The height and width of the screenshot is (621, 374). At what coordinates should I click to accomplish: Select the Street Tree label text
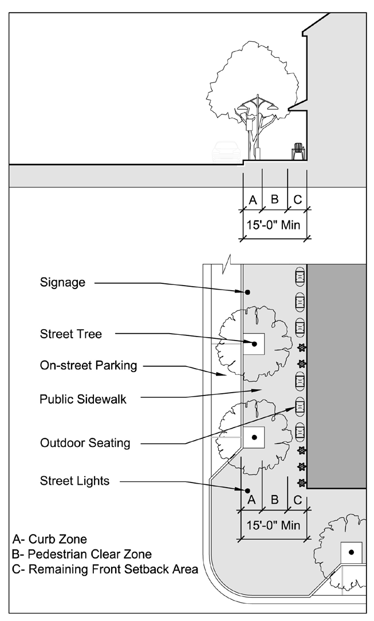coord(71,334)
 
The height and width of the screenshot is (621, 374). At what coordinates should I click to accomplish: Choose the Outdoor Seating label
coord(85,442)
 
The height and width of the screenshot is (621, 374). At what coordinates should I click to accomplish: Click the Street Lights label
coord(74,481)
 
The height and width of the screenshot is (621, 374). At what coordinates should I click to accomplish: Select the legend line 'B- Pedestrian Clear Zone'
coord(82,554)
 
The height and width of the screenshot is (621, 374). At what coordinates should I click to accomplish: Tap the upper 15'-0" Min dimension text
coord(273,225)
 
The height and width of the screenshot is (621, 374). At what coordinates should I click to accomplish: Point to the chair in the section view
coord(298,151)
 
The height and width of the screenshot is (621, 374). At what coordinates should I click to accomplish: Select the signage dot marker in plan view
coord(248,292)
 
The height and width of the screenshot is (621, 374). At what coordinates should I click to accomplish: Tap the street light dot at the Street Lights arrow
coord(247,491)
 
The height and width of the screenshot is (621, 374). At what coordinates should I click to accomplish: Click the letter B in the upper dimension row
coord(274,200)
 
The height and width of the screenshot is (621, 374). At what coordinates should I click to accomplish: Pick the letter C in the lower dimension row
coord(297,500)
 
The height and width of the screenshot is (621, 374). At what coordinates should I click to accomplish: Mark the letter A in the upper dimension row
coord(252,200)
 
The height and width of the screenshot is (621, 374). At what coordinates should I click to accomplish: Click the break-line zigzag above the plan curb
coord(230,260)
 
